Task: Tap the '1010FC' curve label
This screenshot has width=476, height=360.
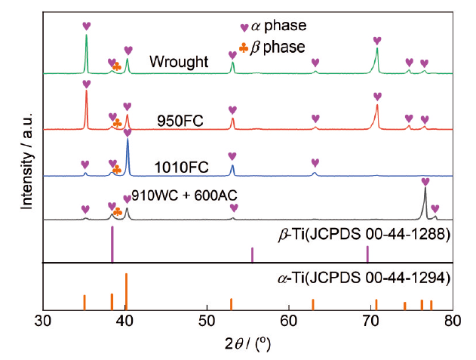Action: coord(177,166)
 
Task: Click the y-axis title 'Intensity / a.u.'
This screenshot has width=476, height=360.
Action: coord(28,158)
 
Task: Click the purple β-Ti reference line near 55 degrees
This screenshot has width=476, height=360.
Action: coord(252,254)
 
